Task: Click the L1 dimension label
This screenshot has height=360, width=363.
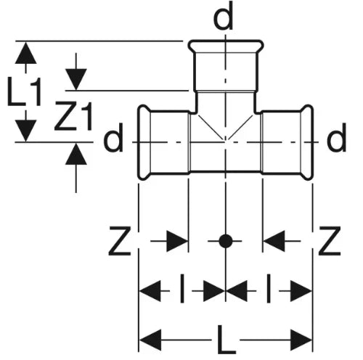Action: click(24, 91)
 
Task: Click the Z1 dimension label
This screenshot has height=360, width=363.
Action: click(73, 116)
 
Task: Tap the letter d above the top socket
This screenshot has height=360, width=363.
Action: click(224, 17)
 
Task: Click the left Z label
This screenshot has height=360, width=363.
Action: click(120, 241)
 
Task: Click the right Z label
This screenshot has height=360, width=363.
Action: click(330, 241)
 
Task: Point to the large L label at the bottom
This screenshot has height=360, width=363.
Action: click(227, 340)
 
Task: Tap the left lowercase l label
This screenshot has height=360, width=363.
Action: click(182, 288)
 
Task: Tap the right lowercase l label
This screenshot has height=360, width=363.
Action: click(268, 288)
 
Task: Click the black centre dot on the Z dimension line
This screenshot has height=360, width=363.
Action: click(226, 241)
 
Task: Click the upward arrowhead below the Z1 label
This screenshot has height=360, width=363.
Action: click(76, 154)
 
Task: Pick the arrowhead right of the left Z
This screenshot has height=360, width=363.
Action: click(177, 241)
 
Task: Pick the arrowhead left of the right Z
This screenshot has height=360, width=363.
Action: click(274, 241)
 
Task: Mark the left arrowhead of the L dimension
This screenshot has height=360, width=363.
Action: click(150, 340)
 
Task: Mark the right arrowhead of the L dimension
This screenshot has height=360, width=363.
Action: click(301, 340)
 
